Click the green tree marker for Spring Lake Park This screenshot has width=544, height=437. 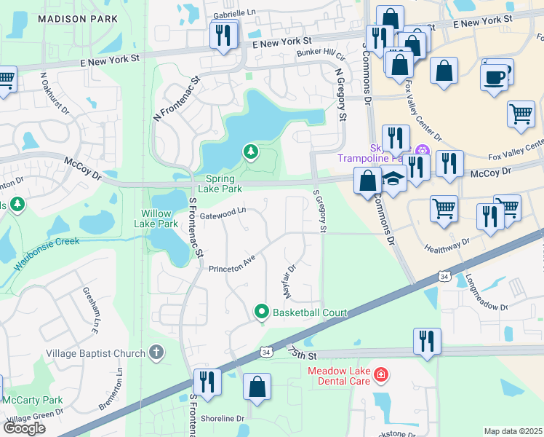251,151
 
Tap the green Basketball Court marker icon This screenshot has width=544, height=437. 262,312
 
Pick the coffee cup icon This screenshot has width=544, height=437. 495,76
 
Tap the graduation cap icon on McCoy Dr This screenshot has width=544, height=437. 393,179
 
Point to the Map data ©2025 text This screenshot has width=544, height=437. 513,431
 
